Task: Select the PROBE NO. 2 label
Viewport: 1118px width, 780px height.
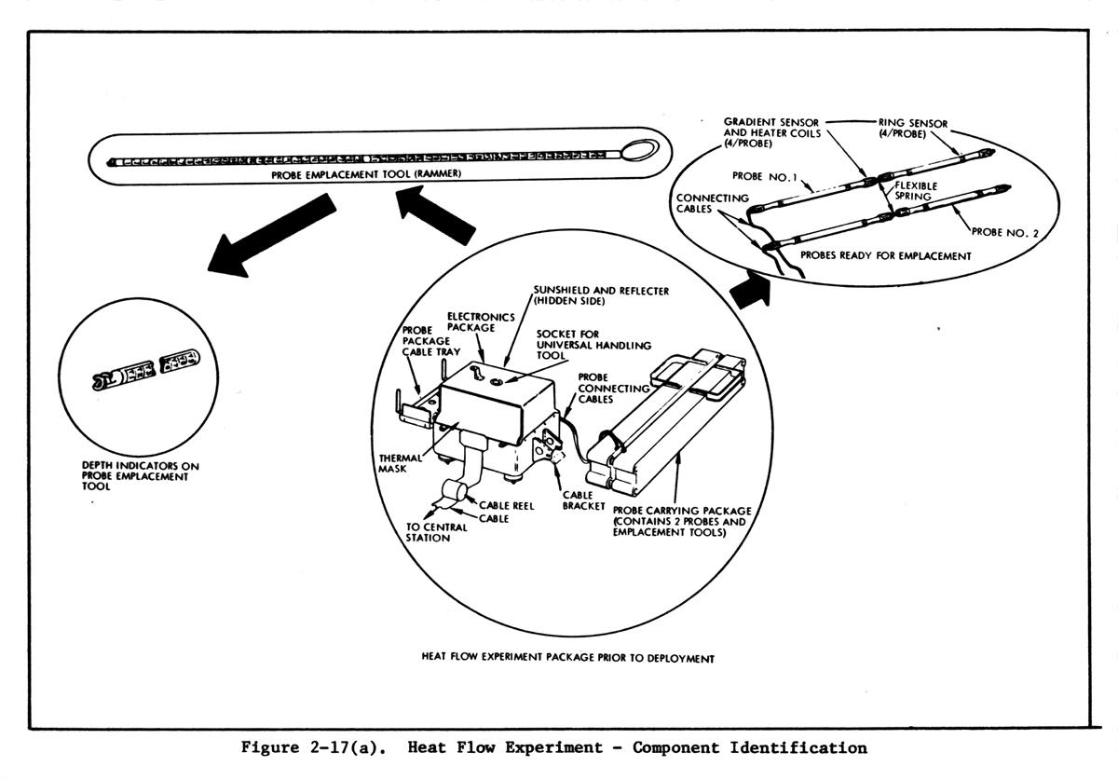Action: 1004,232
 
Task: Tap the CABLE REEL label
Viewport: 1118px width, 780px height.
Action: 507,504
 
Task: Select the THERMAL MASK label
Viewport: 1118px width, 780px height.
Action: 402,463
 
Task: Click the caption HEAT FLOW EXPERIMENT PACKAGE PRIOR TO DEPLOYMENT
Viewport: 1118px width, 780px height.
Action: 567,659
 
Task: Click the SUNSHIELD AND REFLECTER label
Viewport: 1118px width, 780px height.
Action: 600,296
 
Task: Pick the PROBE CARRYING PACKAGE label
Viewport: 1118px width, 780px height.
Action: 681,522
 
